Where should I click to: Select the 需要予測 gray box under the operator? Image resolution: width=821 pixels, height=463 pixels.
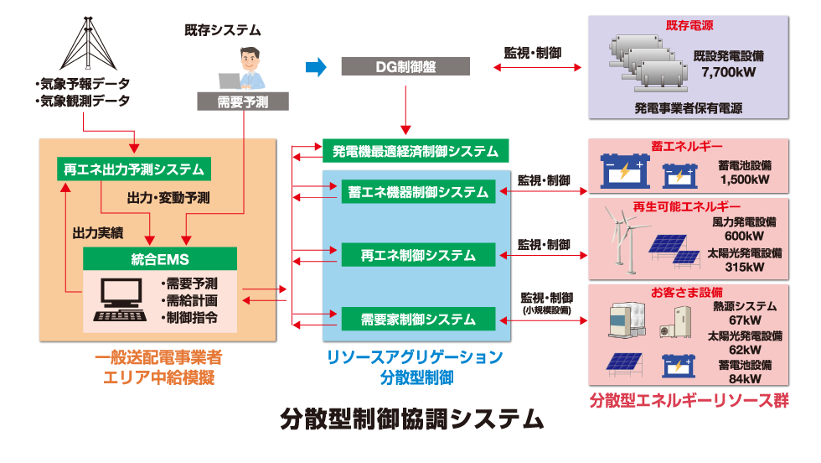[x=243, y=101]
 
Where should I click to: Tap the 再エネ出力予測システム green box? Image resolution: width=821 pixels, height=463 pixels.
[x=133, y=169]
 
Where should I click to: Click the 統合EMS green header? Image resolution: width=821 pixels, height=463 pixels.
[x=159, y=258]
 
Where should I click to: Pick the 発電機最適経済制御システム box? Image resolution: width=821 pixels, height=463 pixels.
[x=416, y=151]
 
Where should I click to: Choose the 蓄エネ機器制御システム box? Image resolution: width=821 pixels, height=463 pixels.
[x=418, y=192]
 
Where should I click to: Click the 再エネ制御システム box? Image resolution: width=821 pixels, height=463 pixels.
[x=418, y=254]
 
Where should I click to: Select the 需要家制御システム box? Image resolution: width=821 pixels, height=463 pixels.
[x=418, y=319]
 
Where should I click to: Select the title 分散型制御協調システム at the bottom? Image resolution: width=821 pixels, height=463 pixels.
[x=411, y=417]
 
